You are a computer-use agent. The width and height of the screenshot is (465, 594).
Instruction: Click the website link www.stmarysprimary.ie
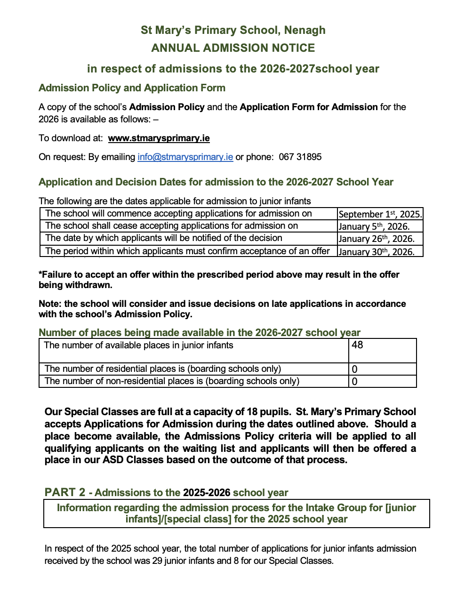tap(159, 138)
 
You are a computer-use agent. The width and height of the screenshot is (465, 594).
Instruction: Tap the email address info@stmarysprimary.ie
tap(185, 157)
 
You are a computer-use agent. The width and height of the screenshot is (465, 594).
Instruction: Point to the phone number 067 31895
tap(300, 157)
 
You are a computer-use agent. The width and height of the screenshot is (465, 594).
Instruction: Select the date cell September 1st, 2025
tap(380, 214)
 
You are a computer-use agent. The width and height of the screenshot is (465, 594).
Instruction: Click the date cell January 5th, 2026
tap(374, 226)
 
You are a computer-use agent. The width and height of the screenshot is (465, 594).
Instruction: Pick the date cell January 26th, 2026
tap(376, 239)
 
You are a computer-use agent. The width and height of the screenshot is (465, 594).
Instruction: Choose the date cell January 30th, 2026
tap(376, 251)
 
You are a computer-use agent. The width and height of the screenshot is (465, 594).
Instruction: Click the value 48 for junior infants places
tap(357, 345)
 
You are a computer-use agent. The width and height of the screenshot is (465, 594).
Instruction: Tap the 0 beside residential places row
tap(354, 369)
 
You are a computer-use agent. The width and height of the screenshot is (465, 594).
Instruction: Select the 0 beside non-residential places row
tap(354, 382)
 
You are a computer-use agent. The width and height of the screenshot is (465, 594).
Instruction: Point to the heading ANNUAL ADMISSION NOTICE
tap(233, 48)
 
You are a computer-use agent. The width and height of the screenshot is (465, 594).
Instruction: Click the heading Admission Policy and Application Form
tap(132, 88)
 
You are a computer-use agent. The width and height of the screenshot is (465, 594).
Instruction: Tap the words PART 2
tap(65, 492)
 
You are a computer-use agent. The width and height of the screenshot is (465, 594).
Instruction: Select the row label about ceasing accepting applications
tap(171, 226)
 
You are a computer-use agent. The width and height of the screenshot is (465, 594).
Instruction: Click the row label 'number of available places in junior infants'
tap(138, 345)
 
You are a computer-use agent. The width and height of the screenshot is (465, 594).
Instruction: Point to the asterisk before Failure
tap(40, 274)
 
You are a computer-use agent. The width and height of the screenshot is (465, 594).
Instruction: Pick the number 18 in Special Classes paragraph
tap(252, 412)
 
